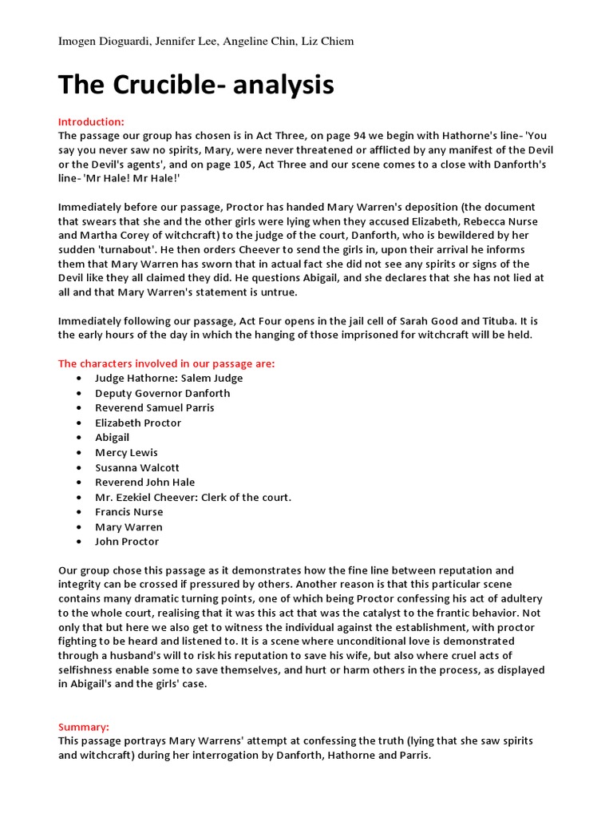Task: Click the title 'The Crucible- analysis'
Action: (x=196, y=84)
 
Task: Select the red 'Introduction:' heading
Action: (x=91, y=121)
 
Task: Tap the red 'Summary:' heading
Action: (x=84, y=727)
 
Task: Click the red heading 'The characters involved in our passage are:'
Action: (x=166, y=363)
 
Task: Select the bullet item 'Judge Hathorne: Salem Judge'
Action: (x=168, y=378)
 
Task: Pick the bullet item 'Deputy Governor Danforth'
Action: (x=162, y=393)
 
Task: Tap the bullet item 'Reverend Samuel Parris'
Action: (x=154, y=407)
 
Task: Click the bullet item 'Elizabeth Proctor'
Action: (x=138, y=423)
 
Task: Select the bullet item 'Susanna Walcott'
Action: (x=137, y=467)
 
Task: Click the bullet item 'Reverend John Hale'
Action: (x=144, y=482)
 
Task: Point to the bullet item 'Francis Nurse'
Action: (x=129, y=512)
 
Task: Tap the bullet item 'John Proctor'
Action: (x=127, y=542)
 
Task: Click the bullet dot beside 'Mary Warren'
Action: (x=78, y=527)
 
